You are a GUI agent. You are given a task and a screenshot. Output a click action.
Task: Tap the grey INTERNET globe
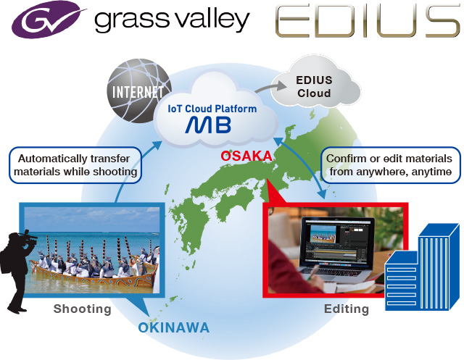138,91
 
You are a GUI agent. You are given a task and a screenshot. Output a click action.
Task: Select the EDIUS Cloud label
314,87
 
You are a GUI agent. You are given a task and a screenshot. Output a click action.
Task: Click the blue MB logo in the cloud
208,125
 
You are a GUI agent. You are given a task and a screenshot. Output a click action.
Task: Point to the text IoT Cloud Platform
212,109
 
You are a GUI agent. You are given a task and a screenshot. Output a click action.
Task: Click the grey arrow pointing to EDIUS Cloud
270,87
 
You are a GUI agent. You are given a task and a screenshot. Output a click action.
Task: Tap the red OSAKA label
246,156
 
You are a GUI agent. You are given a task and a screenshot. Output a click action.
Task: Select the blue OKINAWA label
174,328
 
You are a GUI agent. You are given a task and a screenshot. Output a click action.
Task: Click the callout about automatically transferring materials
75,165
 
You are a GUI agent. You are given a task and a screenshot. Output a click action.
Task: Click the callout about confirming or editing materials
391,165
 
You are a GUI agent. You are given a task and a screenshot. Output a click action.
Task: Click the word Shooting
82,309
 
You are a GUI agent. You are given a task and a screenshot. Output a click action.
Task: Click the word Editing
347,309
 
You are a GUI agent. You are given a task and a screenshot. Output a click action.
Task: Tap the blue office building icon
422,267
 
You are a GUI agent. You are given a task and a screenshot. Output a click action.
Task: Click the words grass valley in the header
173,20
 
